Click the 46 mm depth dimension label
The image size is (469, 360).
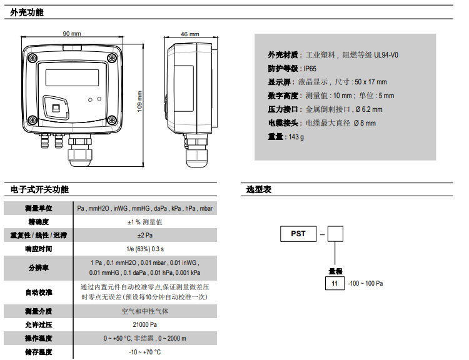pyautogui.click(x=189, y=34)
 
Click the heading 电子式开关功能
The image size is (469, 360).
pyautogui.click(x=39, y=189)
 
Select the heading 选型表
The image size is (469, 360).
pyautogui.click(x=259, y=189)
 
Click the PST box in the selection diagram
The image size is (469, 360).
pyautogui.click(x=298, y=234)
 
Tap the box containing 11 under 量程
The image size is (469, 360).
pyautogui.click(x=335, y=283)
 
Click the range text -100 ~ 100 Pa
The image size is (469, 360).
pyautogui.click(x=365, y=283)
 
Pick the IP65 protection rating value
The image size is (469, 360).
pyautogui.click(x=310, y=68)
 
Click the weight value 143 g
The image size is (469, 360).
pyautogui.click(x=295, y=137)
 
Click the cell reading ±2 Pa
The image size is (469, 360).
pyautogui.click(x=145, y=235)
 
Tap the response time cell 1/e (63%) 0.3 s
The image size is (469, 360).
pyautogui.click(x=145, y=249)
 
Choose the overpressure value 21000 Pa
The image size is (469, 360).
pyautogui.click(x=145, y=324)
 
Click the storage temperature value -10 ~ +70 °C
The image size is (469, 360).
pyautogui.click(x=145, y=352)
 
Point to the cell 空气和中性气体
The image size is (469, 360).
pyautogui.click(x=145, y=311)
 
